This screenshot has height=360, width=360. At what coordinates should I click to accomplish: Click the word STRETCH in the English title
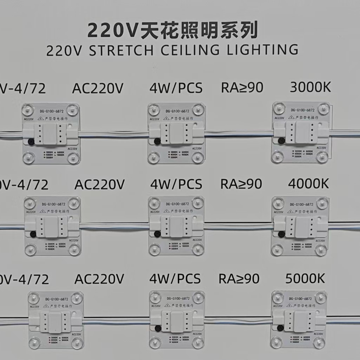121,50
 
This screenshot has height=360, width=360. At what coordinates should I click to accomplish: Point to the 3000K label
310,87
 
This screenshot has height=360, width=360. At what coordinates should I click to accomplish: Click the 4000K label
308,184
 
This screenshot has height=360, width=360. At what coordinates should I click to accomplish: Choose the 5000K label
305,279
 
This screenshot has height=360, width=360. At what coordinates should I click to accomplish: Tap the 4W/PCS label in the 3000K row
176,88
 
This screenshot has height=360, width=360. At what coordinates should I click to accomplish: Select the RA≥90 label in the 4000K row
241,184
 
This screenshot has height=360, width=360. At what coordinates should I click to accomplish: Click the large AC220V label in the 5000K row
99,279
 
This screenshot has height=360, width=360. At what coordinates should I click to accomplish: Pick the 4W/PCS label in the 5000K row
175,279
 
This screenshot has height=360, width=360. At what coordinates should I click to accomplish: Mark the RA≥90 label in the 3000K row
242,88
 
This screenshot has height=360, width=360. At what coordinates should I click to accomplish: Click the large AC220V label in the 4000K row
100,184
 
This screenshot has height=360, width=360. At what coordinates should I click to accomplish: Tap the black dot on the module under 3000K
281,141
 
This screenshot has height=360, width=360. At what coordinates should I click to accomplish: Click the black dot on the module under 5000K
280,328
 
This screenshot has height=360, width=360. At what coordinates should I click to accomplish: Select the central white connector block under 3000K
301,133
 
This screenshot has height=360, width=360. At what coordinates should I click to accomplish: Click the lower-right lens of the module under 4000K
321,249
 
